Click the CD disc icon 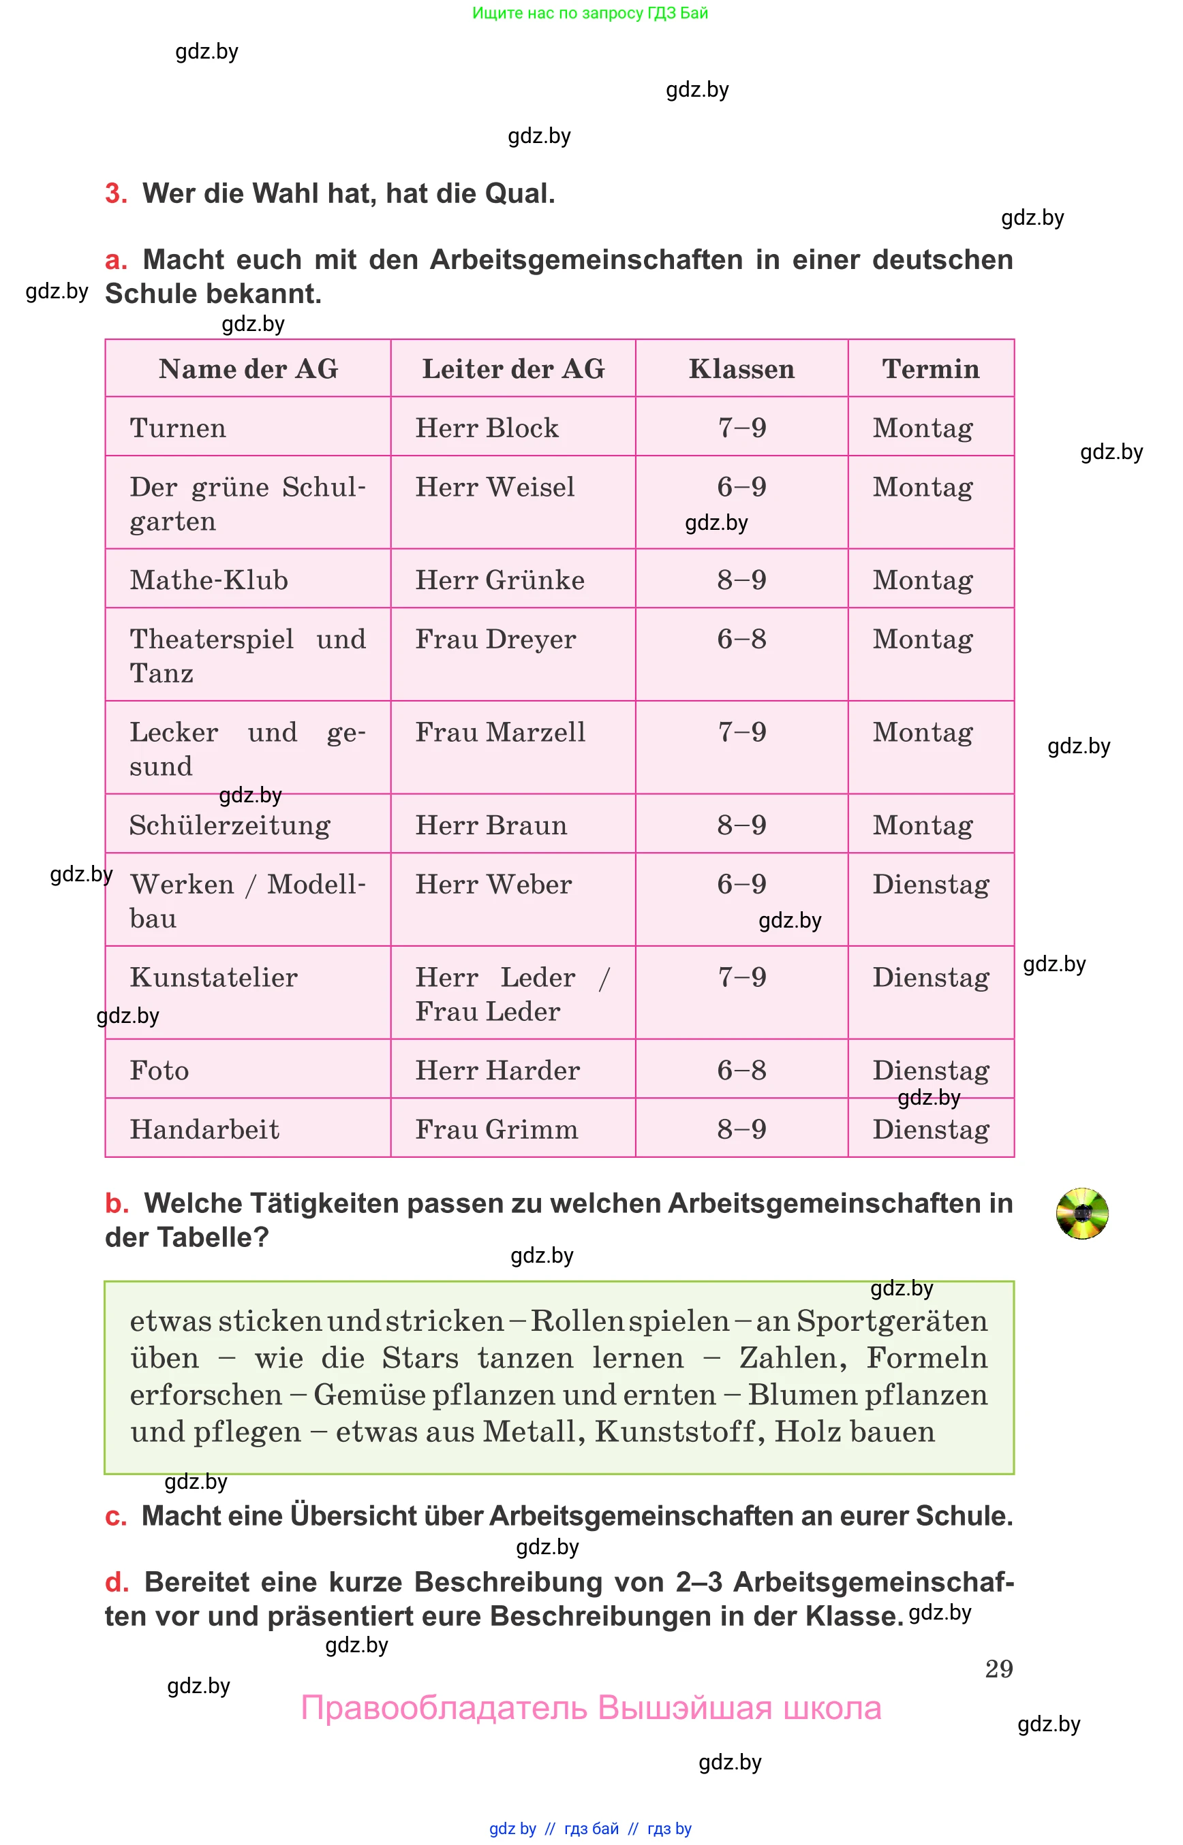[x=1081, y=1213]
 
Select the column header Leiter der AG [x=513, y=369]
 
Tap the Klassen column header [x=741, y=369]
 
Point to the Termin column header [x=930, y=369]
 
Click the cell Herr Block [x=487, y=428]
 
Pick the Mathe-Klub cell [x=209, y=580]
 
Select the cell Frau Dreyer [x=495, y=639]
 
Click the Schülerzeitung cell [x=230, y=825]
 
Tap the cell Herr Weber [x=493, y=885]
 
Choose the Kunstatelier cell [x=213, y=977]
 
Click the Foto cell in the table [x=159, y=1071]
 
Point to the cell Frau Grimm [x=496, y=1129]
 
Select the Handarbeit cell [x=204, y=1129]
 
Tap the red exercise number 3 [x=116, y=193]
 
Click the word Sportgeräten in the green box [x=891, y=1321]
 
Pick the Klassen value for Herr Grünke [x=741, y=580]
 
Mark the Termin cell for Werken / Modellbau [x=930, y=885]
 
